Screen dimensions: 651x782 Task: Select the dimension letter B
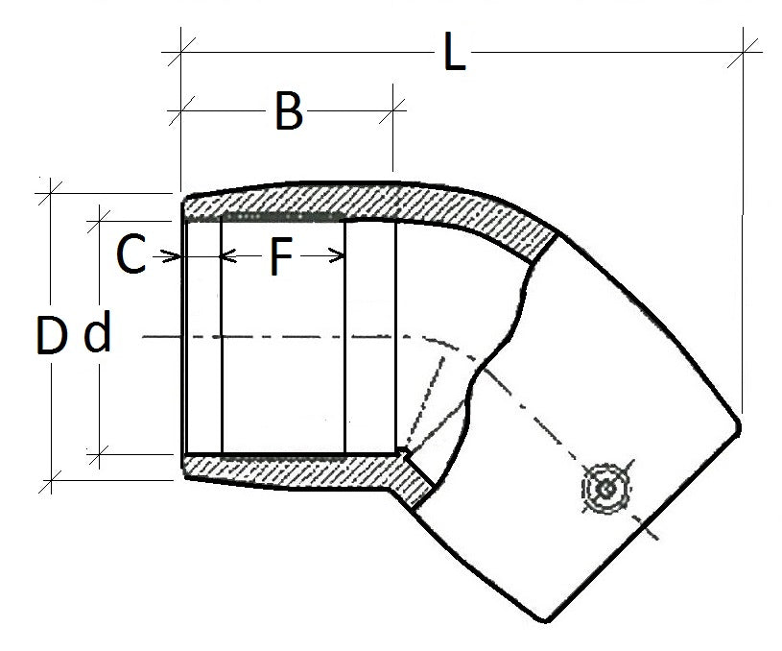pyautogui.click(x=288, y=112)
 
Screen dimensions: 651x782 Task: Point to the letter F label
pyautogui.click(x=279, y=257)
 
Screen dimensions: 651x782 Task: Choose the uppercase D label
pyautogui.click(x=52, y=337)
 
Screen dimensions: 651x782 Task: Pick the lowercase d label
pyautogui.click(x=98, y=335)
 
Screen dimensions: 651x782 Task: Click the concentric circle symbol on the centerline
pyautogui.click(x=605, y=489)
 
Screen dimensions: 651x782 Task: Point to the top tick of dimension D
pyautogui.click(x=51, y=192)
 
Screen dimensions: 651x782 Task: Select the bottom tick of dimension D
pyautogui.click(x=51, y=476)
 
